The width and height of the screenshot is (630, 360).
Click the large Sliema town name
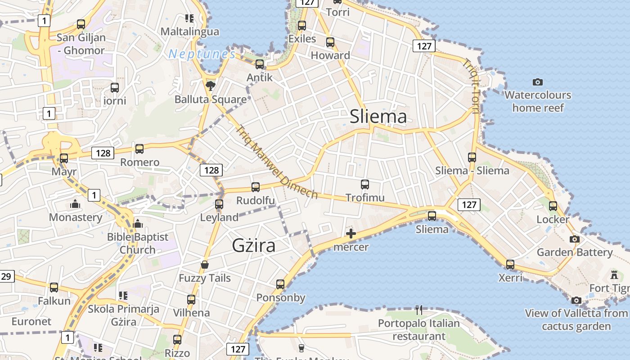(378, 117)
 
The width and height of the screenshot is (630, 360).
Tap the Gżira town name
(253, 245)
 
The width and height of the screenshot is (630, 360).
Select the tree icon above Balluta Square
(210, 85)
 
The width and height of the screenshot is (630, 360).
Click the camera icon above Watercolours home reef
(537, 82)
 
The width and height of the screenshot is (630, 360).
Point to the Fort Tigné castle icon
(614, 274)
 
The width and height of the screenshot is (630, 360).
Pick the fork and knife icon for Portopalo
(419, 310)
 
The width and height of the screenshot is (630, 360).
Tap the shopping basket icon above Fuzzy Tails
(205, 265)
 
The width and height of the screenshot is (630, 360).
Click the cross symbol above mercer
(351, 234)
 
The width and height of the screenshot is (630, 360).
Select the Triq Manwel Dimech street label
(277, 162)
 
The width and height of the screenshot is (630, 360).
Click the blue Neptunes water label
(202, 54)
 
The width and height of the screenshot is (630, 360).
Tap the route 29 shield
(6, 276)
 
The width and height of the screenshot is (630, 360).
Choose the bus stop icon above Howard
(330, 42)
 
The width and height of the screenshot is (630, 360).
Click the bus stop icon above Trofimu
(365, 184)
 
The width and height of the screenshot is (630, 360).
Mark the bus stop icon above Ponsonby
(280, 284)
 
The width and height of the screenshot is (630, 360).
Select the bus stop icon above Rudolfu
(256, 187)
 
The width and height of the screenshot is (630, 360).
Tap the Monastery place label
(76, 217)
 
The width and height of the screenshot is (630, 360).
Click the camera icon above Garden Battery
(575, 239)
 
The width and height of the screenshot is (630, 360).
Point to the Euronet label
(31, 321)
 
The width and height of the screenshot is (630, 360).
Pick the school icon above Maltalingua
(189, 18)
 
